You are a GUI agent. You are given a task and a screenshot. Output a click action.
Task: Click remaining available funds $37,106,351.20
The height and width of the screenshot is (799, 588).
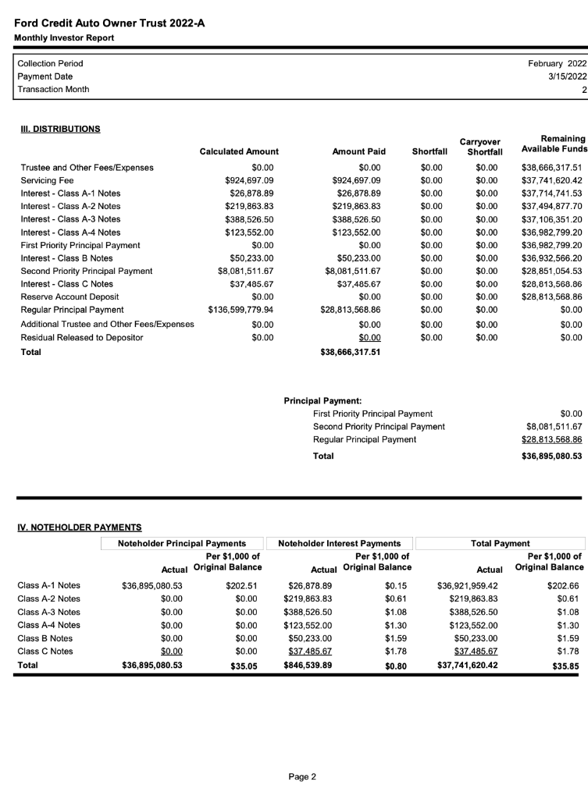[x=551, y=219]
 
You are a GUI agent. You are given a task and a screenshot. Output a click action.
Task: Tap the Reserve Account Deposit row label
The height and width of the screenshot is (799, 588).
[x=68, y=296]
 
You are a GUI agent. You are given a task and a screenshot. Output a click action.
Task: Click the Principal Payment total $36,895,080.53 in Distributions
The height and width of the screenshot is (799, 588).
[x=551, y=456]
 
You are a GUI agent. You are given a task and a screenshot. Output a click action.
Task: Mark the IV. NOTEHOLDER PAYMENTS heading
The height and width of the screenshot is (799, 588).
[x=79, y=528]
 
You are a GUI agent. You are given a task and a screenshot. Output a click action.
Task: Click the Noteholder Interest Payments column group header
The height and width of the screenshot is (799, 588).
[x=340, y=543]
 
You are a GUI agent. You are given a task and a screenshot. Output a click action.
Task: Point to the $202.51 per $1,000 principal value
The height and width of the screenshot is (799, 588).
[x=241, y=585]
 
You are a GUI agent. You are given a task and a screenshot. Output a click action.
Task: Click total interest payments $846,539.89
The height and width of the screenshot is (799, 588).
[x=310, y=665]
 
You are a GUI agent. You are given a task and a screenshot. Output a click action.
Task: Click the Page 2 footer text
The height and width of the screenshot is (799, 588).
[x=301, y=776]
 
